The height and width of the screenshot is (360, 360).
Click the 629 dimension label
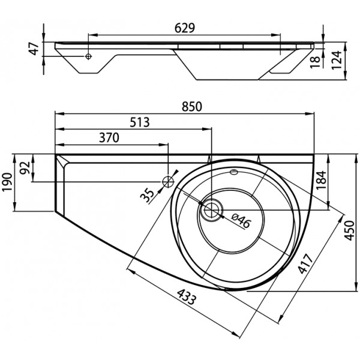185,28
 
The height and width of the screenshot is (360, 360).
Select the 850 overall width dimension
192,107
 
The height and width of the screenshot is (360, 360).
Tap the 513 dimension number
140,122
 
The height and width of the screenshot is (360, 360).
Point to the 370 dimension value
109,138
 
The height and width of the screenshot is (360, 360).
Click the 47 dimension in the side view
35,49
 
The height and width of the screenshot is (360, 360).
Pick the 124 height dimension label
337,60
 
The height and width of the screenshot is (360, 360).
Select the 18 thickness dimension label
315,62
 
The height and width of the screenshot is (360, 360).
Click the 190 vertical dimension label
7,182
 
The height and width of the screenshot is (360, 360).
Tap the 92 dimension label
25,168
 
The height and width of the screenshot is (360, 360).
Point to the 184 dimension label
322,180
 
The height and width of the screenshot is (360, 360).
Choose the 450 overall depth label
349,230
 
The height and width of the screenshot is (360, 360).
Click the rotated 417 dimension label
305,263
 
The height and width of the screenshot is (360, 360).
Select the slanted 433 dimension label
187,296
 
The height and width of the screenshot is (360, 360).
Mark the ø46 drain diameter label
241,221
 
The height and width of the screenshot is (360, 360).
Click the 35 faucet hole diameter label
147,195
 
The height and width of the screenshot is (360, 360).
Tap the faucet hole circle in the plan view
168,182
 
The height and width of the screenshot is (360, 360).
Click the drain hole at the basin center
211,210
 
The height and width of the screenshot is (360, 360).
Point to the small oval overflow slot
234,172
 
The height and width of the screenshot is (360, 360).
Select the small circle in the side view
88,56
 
